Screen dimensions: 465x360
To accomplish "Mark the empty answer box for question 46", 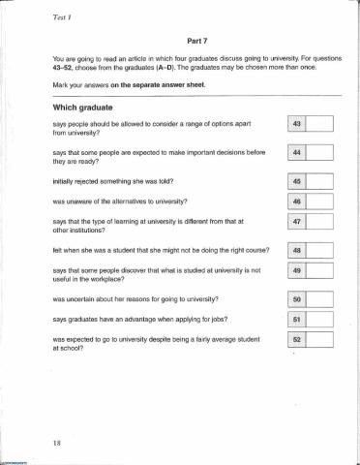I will tap(319, 201).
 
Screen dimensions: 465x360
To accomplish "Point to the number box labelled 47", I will tap(297, 222).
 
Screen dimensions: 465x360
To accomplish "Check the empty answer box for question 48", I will tap(319, 249).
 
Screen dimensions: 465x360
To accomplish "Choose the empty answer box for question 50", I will tap(319, 298).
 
